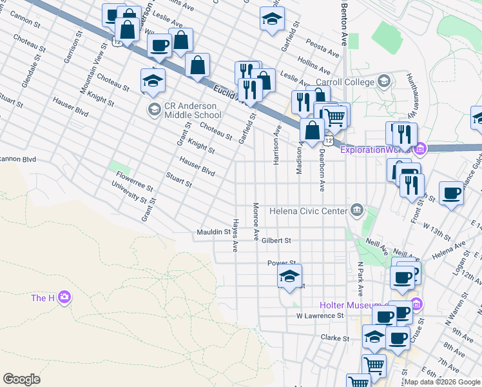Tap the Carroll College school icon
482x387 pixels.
(384, 81)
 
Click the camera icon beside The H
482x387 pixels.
(64, 297)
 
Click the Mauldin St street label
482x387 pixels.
(213, 232)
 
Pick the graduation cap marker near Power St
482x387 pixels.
(289, 277)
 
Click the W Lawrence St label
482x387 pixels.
(320, 315)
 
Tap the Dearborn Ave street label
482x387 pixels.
(321, 170)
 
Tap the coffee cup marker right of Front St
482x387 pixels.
(451, 193)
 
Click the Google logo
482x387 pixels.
(21, 379)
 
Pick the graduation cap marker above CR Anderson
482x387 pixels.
(153, 81)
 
